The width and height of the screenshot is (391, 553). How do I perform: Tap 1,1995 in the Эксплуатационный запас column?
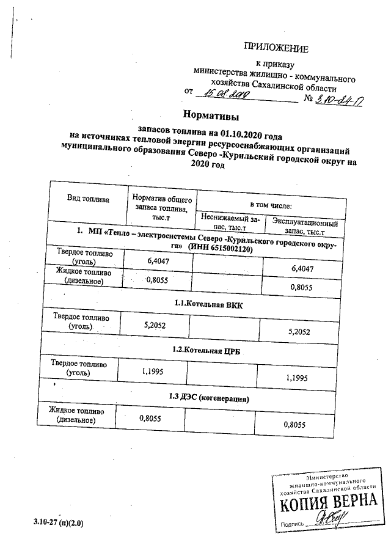(x=299, y=378)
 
